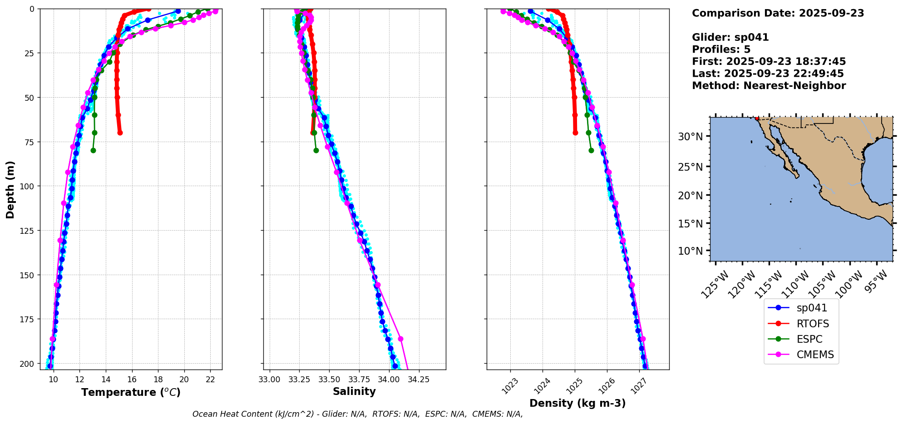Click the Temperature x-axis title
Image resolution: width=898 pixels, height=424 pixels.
131,392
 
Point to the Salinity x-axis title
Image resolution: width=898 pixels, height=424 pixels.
354,391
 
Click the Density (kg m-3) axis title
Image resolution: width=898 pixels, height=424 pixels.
577,403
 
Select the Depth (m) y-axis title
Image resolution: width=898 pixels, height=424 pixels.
10,189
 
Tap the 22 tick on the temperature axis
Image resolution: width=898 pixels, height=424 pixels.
210,380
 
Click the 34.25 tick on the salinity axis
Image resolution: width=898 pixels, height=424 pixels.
418,380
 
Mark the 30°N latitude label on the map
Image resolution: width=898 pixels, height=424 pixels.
690,137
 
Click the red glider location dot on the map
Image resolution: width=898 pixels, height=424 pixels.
757,118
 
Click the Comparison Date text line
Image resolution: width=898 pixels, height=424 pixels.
778,13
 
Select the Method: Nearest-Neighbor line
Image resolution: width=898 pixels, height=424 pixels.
769,86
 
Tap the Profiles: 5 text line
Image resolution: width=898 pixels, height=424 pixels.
721,49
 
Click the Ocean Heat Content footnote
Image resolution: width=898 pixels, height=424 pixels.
357,414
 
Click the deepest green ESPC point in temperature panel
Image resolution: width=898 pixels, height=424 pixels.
93,150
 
